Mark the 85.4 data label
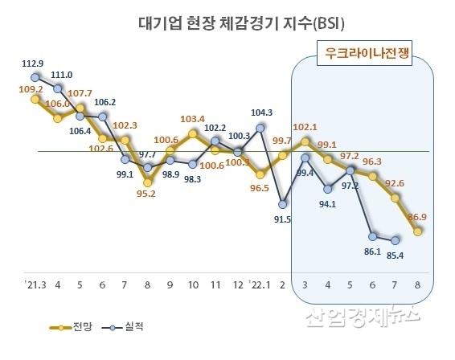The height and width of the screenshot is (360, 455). click(394, 256)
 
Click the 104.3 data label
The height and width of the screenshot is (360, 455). click(260, 112)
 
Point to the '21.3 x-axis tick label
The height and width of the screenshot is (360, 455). click(35, 285)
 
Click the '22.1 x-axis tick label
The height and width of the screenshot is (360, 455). click(259, 285)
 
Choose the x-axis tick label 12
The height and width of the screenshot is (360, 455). click(238, 285)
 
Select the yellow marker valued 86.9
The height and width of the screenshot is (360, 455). click(418, 231)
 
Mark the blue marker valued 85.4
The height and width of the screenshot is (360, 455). click(396, 239)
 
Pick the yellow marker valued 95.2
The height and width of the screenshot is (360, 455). click(147, 181)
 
